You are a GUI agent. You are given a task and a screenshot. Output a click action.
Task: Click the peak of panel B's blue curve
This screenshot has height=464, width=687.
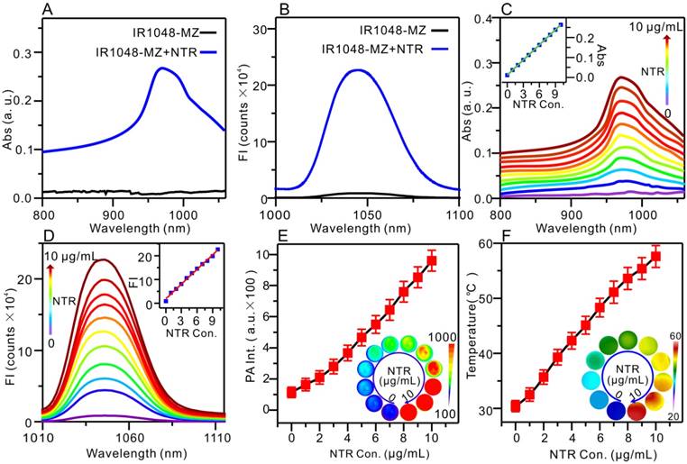[358, 70]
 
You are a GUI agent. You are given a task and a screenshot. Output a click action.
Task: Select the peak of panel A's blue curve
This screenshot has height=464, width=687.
[161, 68]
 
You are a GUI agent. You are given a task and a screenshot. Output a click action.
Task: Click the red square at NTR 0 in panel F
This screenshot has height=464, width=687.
[516, 405]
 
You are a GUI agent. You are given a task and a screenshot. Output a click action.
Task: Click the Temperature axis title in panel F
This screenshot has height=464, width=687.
[480, 329]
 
